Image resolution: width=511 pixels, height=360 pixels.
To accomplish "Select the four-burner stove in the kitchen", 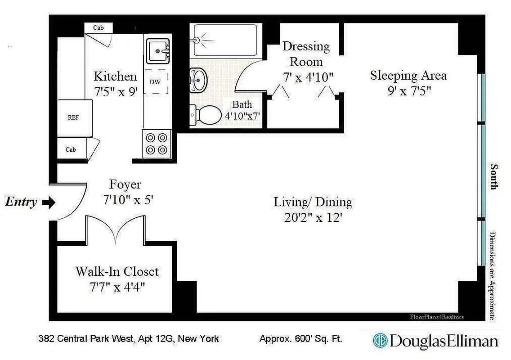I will pyautogui.click(x=157, y=144).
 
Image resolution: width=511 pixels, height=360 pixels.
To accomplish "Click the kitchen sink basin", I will pyautogui.click(x=158, y=50).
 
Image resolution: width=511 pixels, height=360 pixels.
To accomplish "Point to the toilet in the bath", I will pyautogui.click(x=203, y=115).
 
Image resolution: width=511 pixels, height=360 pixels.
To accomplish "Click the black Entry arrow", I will pyautogui.click(x=49, y=202).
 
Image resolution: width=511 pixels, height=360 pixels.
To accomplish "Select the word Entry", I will pyautogui.click(x=21, y=202).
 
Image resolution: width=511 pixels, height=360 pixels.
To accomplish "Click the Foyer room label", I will pyautogui.click(x=125, y=184).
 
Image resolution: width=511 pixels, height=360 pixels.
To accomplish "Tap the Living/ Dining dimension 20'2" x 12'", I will pyautogui.click(x=313, y=217).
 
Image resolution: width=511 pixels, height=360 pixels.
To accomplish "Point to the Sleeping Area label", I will pyautogui.click(x=408, y=75).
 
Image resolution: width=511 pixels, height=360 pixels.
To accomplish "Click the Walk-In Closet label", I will pyautogui.click(x=117, y=272).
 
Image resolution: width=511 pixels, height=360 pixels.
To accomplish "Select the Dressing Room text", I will pyautogui.click(x=306, y=54).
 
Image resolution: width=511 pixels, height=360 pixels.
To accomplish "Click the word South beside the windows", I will pyautogui.click(x=494, y=177).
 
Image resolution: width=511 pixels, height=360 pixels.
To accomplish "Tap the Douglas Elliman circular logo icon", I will pyautogui.click(x=380, y=341).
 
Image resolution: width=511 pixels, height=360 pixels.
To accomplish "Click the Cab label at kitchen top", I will pyautogui.click(x=98, y=28).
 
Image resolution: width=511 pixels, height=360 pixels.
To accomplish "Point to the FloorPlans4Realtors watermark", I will pyautogui.click(x=437, y=317).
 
